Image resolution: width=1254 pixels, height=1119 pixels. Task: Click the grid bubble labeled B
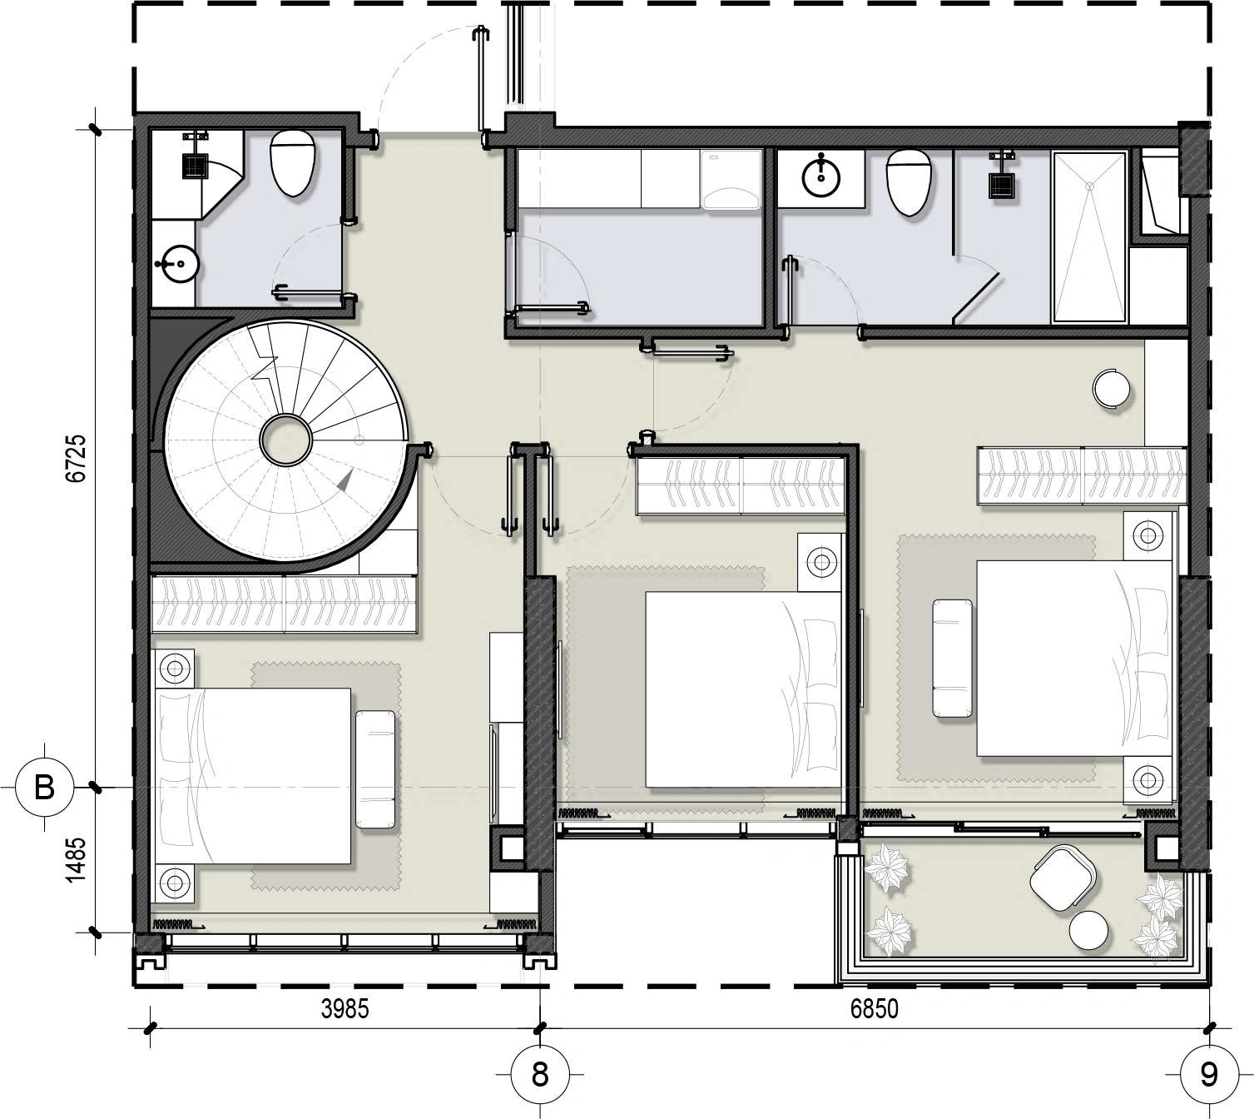pyautogui.click(x=45, y=788)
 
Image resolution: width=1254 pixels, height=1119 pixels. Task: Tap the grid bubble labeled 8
pyautogui.click(x=540, y=1074)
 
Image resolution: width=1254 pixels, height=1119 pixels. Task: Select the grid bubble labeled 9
pyautogui.click(x=1209, y=1074)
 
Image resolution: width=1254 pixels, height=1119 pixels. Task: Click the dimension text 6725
pyautogui.click(x=76, y=459)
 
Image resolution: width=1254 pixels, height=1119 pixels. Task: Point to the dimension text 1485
pyautogui.click(x=76, y=861)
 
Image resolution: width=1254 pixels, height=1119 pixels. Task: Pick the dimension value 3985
pyautogui.click(x=344, y=1009)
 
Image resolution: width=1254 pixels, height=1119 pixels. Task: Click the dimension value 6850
pyautogui.click(x=874, y=1009)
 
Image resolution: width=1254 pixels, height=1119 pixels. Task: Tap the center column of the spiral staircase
pyautogui.click(x=286, y=440)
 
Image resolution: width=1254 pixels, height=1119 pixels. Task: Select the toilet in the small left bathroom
pyautogui.click(x=293, y=163)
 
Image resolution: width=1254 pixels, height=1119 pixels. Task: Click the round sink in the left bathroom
pyautogui.click(x=179, y=264)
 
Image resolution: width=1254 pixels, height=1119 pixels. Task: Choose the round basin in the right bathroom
pyautogui.click(x=820, y=177)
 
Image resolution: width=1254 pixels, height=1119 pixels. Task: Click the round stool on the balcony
pyautogui.click(x=1088, y=931)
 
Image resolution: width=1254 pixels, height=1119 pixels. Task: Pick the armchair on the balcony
pyautogui.click(x=1062, y=878)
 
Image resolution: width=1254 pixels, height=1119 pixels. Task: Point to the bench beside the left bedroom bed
pyautogui.click(x=375, y=769)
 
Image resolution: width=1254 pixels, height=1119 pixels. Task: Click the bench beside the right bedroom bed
pyautogui.click(x=952, y=659)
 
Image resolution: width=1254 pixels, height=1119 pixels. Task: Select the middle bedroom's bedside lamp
pyautogui.click(x=820, y=562)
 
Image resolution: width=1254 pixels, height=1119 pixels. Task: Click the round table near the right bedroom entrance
pyautogui.click(x=1111, y=388)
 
